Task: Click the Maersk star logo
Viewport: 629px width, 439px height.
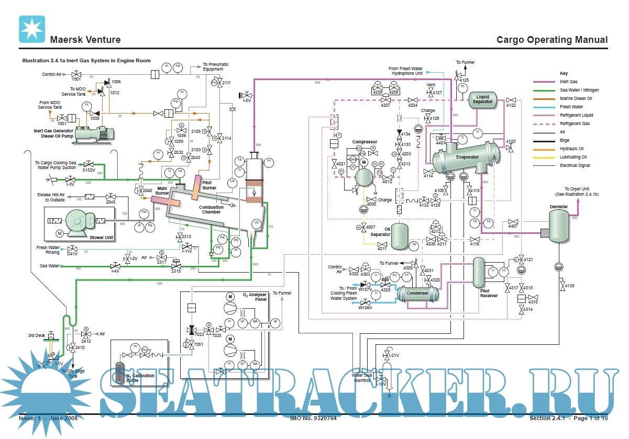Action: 32,29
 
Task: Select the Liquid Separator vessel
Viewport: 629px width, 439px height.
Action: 482,100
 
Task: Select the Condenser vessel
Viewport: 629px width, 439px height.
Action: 417,294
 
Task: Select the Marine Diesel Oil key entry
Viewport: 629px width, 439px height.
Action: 576,98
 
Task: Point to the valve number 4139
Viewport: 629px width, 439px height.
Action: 569,286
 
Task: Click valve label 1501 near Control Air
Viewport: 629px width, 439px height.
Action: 76,79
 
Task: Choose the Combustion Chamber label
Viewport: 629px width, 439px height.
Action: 211,210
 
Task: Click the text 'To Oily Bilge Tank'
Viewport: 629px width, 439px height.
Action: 72,373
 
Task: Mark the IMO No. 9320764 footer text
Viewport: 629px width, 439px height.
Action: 313,418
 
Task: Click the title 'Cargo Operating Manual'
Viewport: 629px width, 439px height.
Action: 552,40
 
